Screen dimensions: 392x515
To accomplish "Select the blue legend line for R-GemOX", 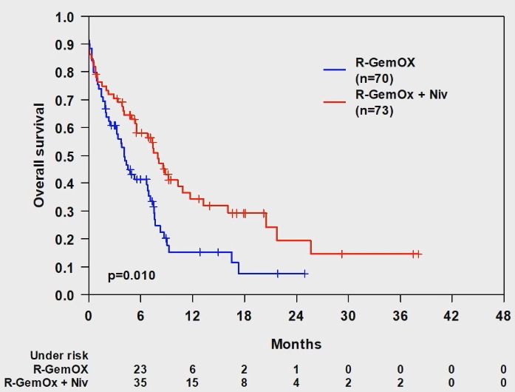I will [338, 69].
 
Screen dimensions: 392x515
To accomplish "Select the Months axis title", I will [296, 344].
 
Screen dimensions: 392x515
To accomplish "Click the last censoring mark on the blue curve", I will [305, 274].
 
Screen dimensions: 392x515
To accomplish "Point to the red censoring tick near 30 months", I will [342, 254].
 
